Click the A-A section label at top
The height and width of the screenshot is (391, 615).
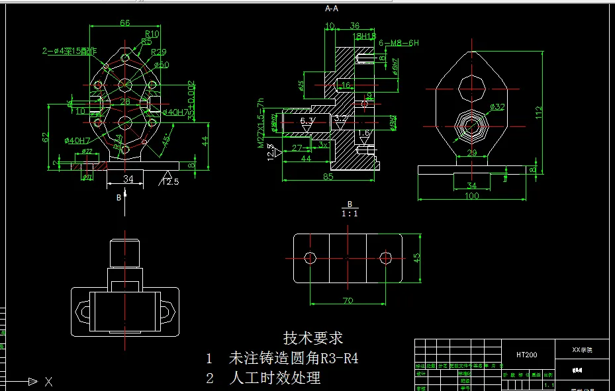tap(332, 9)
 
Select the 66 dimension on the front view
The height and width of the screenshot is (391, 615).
tap(124, 22)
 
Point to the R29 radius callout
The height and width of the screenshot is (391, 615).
tap(159, 52)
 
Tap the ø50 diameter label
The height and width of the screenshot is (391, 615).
tap(162, 65)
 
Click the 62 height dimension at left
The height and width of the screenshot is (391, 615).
tap(46, 138)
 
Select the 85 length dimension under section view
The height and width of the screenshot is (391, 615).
tap(328, 177)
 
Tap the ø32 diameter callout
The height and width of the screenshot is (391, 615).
tap(497, 107)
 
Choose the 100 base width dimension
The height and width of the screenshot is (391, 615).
tap(472, 196)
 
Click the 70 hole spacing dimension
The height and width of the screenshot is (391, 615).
tap(348, 301)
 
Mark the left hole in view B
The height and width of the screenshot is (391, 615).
tap(310, 257)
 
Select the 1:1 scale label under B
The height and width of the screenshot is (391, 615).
tap(349, 214)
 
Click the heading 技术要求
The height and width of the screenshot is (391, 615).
tap(313, 338)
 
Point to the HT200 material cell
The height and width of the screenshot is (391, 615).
tap(527, 355)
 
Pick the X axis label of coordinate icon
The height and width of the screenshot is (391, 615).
tap(48, 381)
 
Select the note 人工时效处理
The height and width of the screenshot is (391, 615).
tap(274, 378)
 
